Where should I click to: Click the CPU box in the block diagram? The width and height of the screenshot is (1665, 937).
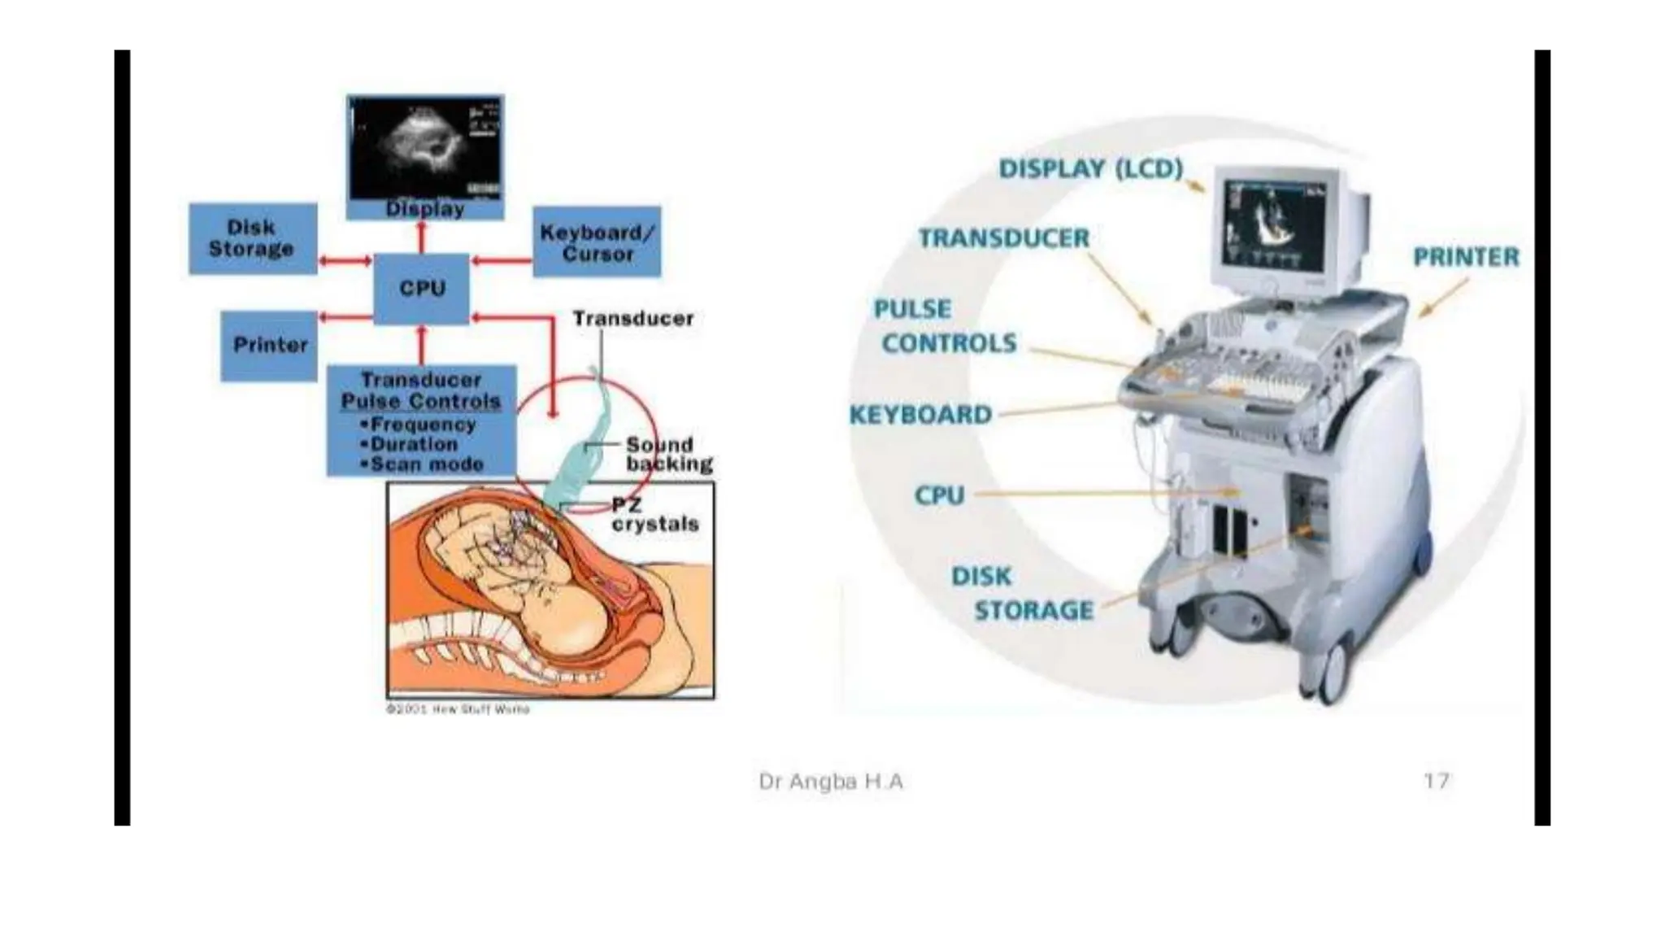point(421,288)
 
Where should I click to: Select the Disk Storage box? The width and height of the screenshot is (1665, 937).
point(252,238)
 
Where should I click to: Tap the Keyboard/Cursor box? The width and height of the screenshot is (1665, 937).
point(597,242)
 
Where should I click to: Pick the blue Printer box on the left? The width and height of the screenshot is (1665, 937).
point(270,345)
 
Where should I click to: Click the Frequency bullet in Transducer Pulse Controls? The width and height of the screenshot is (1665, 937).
point(419,425)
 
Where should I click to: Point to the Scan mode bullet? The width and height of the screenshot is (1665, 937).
point(423,464)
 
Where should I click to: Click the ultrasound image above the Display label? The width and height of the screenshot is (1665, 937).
point(425,146)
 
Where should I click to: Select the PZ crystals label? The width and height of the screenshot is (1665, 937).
point(654,516)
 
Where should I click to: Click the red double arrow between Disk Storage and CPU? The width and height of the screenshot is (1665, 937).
point(345,261)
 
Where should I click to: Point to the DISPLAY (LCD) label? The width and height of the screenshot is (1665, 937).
point(1090,169)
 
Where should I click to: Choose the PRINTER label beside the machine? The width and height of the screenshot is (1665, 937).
point(1466,257)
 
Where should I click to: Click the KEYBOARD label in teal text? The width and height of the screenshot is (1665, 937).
point(920,415)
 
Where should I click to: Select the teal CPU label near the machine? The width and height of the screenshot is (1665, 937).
point(939,495)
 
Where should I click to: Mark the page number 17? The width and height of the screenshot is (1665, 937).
point(1436,781)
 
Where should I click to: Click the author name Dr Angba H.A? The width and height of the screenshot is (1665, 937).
point(830,782)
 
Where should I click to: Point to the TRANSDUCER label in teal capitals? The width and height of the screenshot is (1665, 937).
point(1003,238)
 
